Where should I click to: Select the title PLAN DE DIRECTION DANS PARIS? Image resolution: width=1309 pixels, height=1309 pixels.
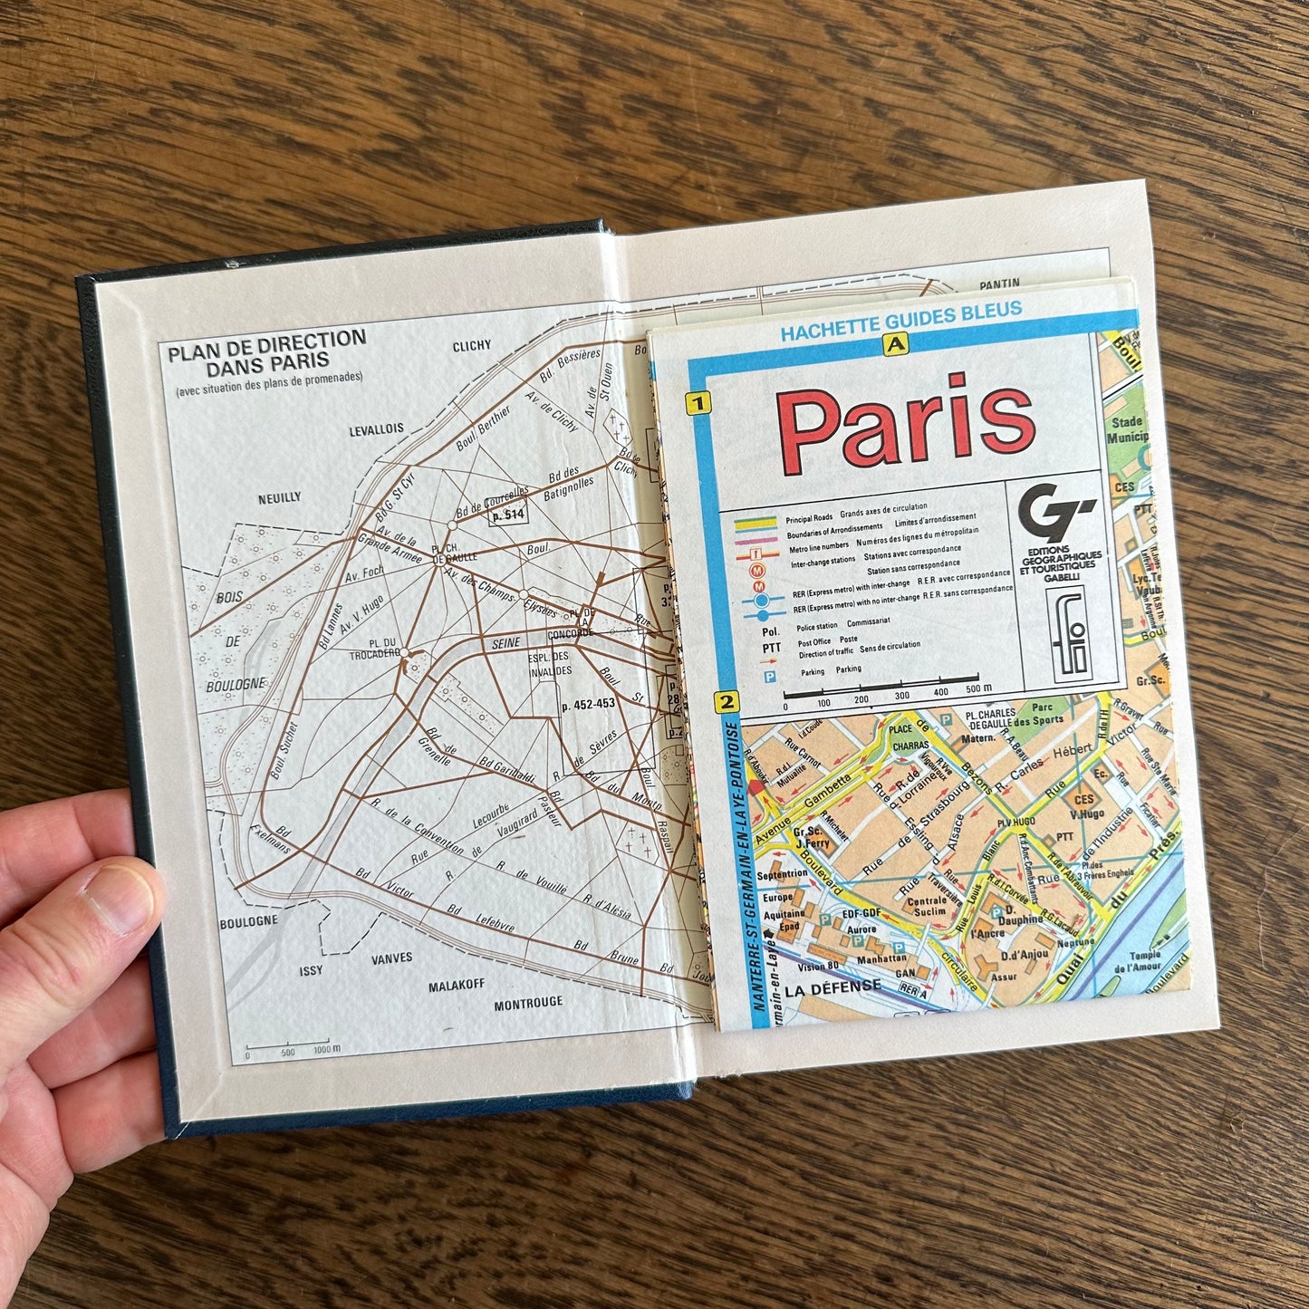[x=266, y=351]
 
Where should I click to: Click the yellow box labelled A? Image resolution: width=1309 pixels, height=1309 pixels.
[x=896, y=343]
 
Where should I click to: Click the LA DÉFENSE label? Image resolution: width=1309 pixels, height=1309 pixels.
[x=833, y=986]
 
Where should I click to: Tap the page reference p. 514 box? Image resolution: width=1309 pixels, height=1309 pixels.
[x=507, y=515]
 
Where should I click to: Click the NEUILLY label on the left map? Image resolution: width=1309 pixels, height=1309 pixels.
[x=279, y=497]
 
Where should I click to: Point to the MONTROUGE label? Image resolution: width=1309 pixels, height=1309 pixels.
[x=528, y=1003]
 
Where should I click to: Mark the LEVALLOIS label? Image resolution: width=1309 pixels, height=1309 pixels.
[x=377, y=431]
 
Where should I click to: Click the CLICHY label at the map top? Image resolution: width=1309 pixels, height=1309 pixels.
[x=471, y=345]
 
